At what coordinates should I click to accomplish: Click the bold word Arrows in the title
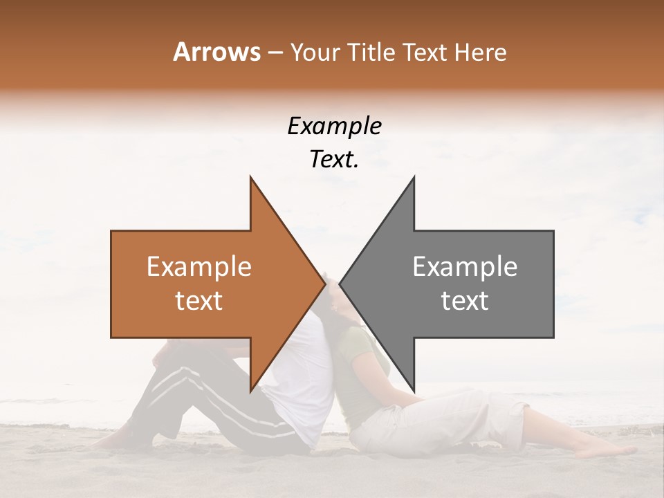(x=216, y=52)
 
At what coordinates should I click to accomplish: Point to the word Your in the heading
(x=314, y=52)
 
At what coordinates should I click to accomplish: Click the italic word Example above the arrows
(x=334, y=127)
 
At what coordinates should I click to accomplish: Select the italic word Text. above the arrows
(x=334, y=160)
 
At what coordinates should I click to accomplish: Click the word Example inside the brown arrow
(x=199, y=267)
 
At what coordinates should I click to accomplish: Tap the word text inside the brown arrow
(x=199, y=301)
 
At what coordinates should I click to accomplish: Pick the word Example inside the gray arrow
(x=465, y=267)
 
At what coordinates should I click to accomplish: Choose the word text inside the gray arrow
(x=465, y=301)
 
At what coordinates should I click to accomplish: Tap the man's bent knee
(x=163, y=353)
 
